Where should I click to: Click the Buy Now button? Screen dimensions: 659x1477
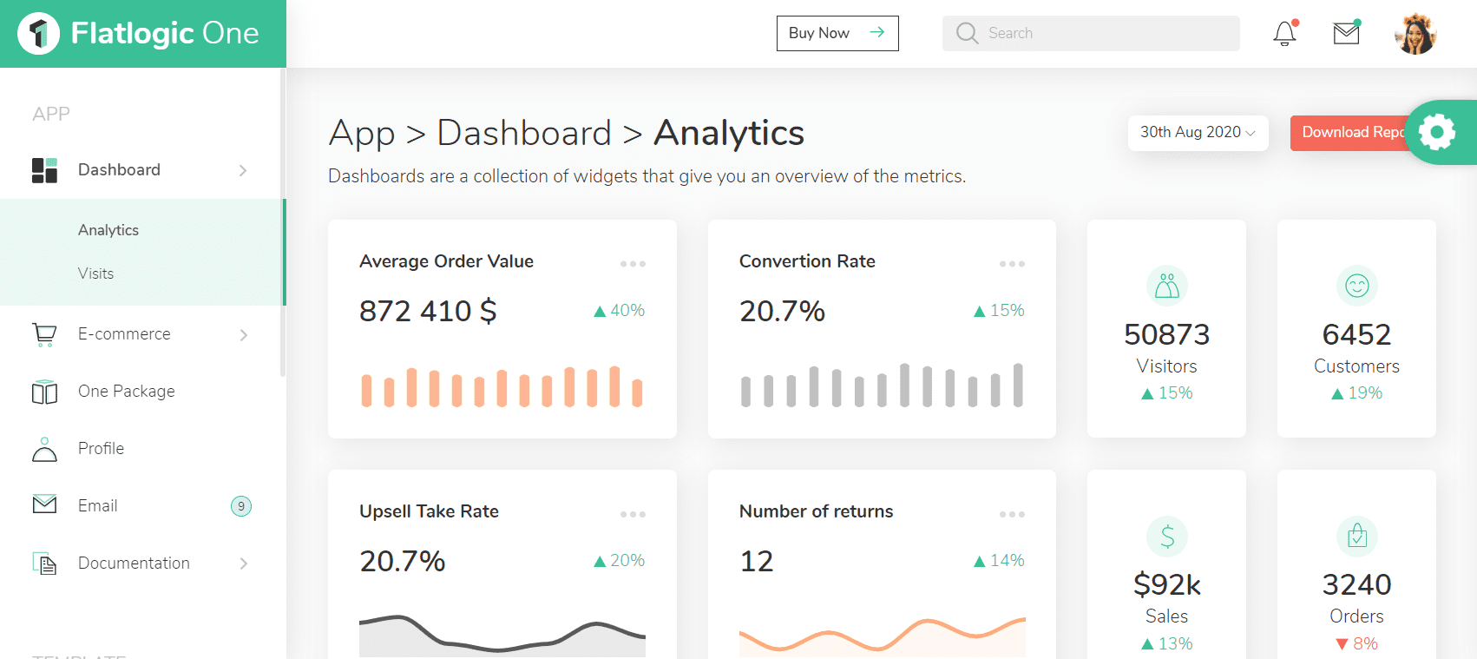[837, 33]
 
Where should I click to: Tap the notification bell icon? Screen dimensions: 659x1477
[1284, 34]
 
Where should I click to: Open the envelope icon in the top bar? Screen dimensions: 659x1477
[1346, 34]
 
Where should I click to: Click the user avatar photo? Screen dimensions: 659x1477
[1415, 34]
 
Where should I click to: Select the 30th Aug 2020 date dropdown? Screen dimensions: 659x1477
[1197, 132]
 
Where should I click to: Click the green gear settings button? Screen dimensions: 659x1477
[1437, 132]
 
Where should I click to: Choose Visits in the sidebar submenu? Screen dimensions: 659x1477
[95, 273]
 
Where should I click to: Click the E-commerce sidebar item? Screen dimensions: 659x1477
[124, 334]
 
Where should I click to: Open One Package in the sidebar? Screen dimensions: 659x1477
[126, 392]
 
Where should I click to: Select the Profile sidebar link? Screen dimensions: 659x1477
[101, 449]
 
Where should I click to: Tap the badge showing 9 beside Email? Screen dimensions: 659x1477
[241, 506]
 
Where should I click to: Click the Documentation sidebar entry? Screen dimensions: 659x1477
[134, 563]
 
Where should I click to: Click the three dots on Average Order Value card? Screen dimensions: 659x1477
[633, 264]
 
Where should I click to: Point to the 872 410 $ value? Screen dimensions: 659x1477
[428, 311]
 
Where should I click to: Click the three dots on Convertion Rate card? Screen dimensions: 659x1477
[1012, 264]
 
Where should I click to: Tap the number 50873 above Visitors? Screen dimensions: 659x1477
[1166, 334]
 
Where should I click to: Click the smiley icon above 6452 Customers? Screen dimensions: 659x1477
[1356, 286]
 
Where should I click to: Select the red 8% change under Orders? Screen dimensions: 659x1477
[1356, 643]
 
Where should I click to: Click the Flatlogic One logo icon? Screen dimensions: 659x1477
[38, 34]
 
